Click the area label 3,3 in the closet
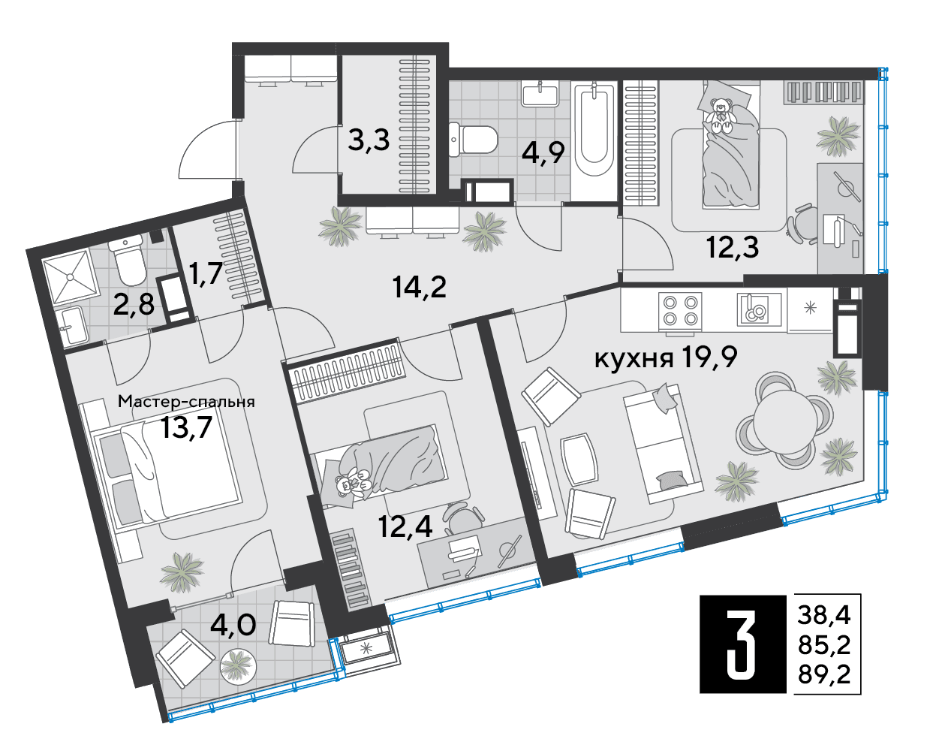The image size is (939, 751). pyautogui.click(x=369, y=140)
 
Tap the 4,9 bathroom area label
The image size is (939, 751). pyautogui.click(x=543, y=152)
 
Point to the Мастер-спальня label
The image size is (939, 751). pyautogui.click(x=186, y=401)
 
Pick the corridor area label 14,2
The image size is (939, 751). pyautogui.click(x=420, y=288)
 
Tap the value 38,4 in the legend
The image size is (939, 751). pyautogui.click(x=824, y=615)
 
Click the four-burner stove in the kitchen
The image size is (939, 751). pyautogui.click(x=680, y=310)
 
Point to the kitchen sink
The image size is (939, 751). pyautogui.click(x=753, y=309)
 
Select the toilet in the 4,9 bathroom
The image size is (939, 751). pyautogui.click(x=473, y=139)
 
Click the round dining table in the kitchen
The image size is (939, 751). pyautogui.click(x=784, y=425)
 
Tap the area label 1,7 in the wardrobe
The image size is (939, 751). pyautogui.click(x=206, y=274)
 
